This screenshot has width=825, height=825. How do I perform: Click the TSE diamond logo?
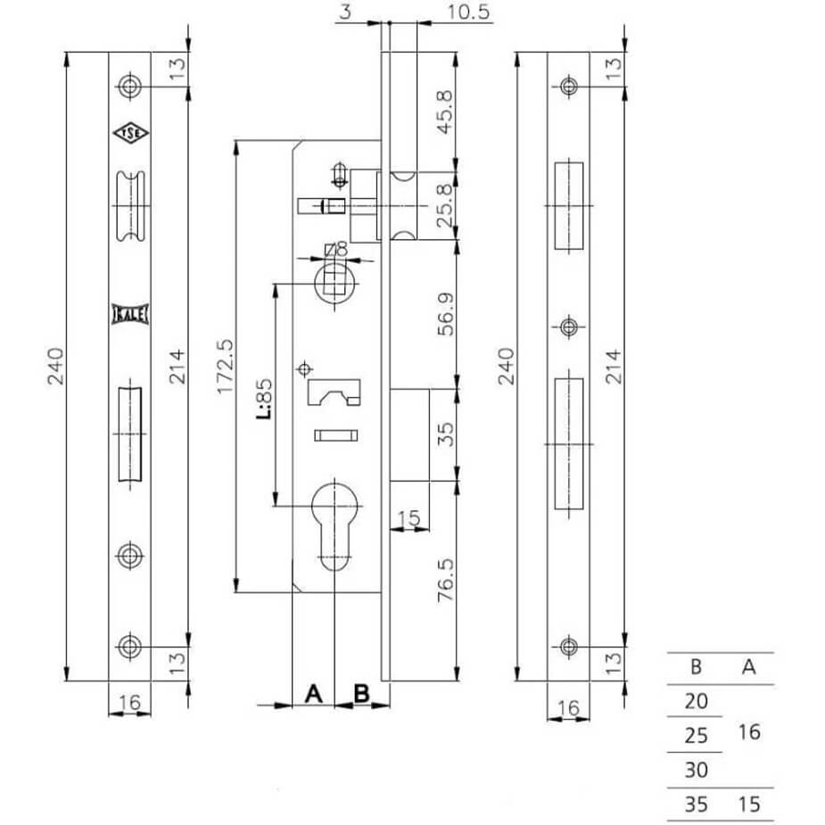point(130,134)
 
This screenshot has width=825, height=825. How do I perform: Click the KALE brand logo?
point(130,314)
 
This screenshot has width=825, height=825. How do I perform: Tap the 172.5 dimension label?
point(225,367)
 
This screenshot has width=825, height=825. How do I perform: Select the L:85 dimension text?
point(264,399)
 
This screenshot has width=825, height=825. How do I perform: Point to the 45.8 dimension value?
point(445,112)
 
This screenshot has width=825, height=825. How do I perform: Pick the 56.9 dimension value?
point(445,315)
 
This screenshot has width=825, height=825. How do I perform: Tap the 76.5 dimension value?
point(445,581)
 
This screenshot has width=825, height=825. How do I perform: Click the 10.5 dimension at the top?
point(468,12)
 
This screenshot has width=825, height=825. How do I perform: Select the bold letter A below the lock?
point(314,694)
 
